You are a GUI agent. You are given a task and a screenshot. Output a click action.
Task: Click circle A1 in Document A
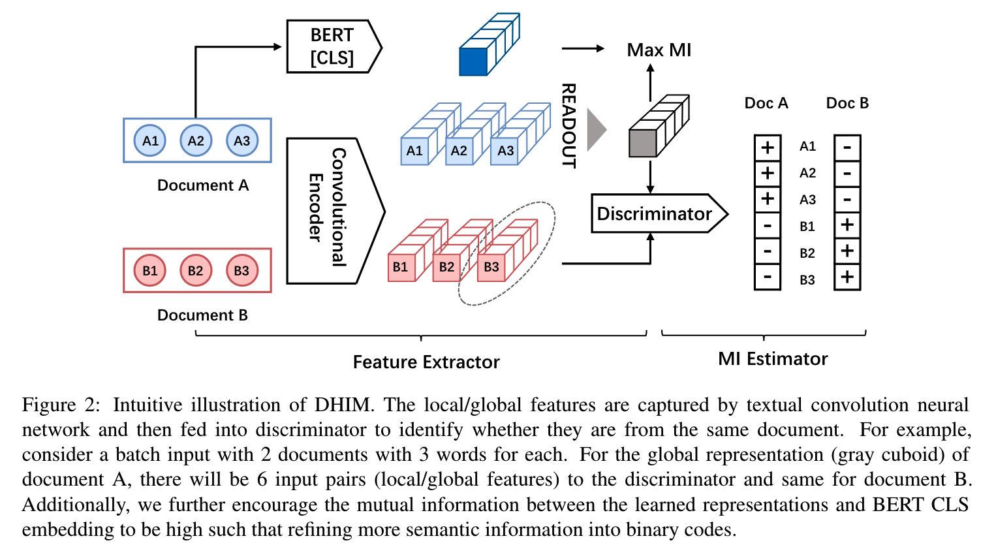coord(150,140)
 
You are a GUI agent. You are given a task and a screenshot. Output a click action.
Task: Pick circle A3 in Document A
coord(241,140)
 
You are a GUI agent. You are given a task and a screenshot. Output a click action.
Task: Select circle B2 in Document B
coord(195,270)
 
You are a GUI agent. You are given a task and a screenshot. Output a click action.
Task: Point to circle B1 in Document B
coord(149,270)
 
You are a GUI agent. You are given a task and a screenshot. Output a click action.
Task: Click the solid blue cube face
coord(473,61)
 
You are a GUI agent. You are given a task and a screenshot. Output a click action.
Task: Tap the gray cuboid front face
coord(642,143)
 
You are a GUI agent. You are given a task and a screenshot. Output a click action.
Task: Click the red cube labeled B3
coord(491,267)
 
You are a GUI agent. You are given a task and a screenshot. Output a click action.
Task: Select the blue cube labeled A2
coord(459,151)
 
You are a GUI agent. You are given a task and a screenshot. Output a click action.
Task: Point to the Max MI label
coord(659,50)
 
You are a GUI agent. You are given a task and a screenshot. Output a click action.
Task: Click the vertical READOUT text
coord(569,125)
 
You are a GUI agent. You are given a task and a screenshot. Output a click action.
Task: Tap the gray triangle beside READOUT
coord(595,129)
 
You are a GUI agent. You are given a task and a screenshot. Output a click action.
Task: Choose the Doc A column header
coord(766,103)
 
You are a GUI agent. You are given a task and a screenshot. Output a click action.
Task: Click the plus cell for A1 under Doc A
coord(767,148)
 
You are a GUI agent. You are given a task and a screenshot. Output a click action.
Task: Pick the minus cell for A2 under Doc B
coord(847,174)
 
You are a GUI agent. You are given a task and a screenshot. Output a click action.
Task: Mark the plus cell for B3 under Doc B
coord(847,277)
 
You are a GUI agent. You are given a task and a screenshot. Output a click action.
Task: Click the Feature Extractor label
coord(426,362)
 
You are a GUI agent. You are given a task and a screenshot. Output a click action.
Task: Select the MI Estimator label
coord(773,359)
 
